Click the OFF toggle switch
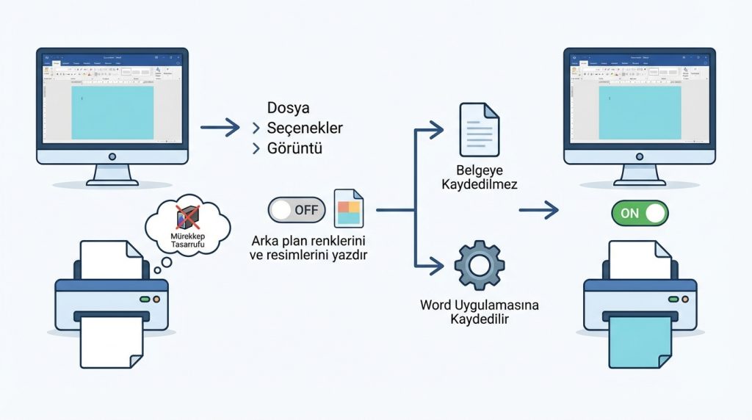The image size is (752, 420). click(x=297, y=210)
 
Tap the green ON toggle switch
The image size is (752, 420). click(x=640, y=213)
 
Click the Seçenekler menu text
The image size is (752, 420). click(x=305, y=128)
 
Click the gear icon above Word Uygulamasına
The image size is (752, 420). click(x=479, y=264)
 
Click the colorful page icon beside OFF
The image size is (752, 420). click(x=349, y=209)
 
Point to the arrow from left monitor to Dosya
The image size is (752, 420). click(x=220, y=128)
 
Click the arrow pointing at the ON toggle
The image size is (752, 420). click(x=539, y=211)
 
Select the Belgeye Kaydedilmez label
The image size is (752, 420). click(x=479, y=177)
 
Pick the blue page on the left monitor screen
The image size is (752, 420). click(x=112, y=111)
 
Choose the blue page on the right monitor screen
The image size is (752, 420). click(x=639, y=111)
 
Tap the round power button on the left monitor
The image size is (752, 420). click(x=112, y=156)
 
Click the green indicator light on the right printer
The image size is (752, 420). click(x=673, y=300)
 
